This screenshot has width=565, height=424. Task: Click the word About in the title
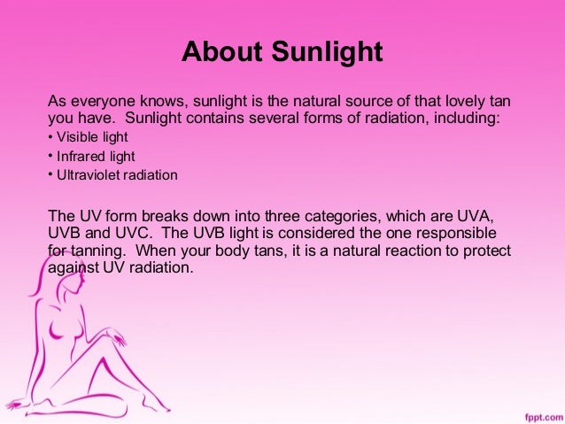tap(216, 52)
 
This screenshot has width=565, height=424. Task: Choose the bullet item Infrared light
tap(92, 156)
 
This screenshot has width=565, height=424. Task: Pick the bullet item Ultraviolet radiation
tap(116, 175)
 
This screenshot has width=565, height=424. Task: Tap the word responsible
tap(472, 233)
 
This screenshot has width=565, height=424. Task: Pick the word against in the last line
tap(76, 268)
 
